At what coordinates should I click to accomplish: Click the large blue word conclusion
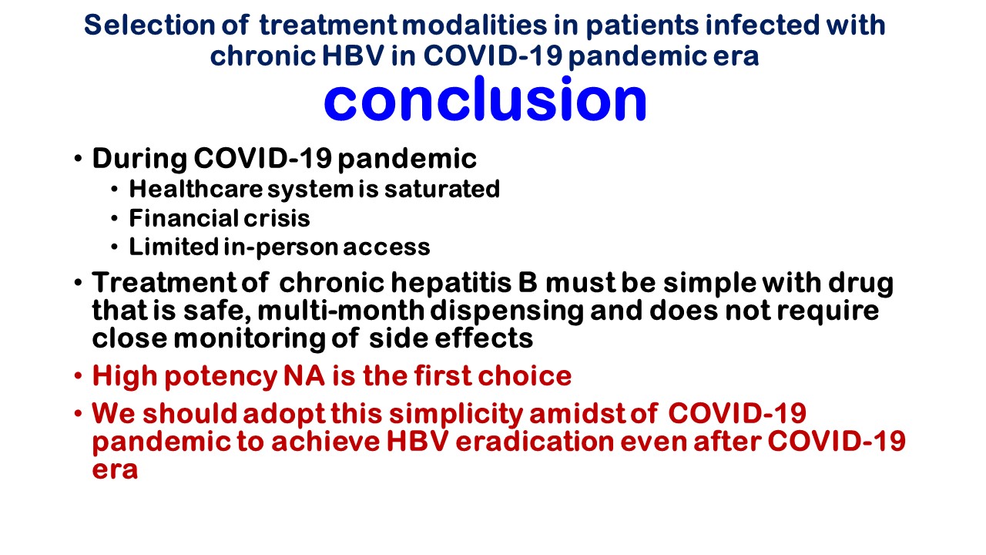(485, 99)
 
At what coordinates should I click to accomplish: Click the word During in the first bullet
(139, 160)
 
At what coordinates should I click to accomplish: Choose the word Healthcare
(196, 189)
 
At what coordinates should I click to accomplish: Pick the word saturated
(442, 190)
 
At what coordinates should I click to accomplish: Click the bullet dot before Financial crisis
(115, 218)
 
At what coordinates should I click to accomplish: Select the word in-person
(281, 247)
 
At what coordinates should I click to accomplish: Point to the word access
(387, 248)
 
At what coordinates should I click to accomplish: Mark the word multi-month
(340, 311)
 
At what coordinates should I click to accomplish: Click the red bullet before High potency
(78, 376)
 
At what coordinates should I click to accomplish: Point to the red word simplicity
(456, 415)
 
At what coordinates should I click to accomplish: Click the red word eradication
(535, 442)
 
